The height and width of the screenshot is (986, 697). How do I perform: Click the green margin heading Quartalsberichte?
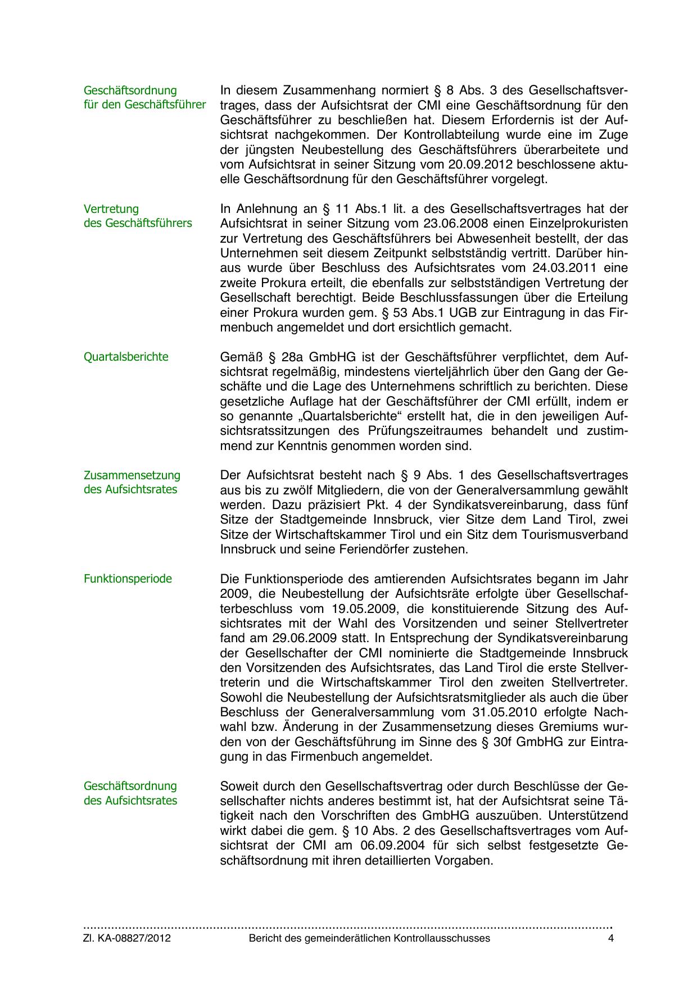[126, 357]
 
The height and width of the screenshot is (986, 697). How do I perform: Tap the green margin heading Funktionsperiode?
[128, 579]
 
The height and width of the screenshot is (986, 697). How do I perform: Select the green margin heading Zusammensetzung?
[132, 475]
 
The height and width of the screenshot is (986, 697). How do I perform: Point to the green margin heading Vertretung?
[111, 210]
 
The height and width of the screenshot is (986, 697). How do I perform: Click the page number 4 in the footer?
[611, 938]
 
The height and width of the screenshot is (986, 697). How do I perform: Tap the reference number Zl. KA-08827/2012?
[127, 938]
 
